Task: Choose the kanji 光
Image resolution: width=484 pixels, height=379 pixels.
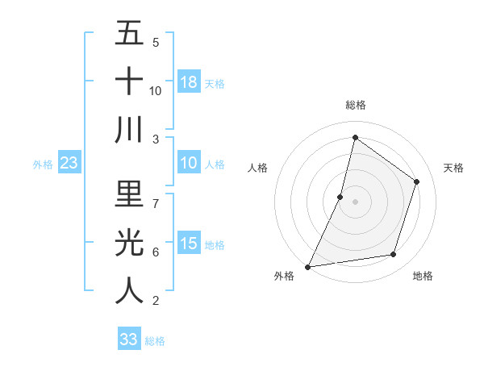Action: (129, 242)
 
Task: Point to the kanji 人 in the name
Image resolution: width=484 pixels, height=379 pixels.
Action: (129, 290)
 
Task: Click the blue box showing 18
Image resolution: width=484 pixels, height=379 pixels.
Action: (189, 81)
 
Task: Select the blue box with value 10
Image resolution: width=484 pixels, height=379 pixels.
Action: (189, 164)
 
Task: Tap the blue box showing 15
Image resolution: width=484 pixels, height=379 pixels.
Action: (189, 244)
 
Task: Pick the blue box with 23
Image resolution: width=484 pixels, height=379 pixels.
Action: (69, 164)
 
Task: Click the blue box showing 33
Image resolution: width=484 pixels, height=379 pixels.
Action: (129, 339)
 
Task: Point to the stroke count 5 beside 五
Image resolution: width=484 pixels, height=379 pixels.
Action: (155, 42)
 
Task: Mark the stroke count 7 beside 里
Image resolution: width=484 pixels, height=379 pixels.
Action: (155, 195)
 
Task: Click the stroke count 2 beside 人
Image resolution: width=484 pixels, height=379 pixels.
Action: (155, 301)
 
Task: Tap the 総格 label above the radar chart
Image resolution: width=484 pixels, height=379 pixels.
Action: (355, 105)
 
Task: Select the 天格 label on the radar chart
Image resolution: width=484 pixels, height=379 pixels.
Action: (454, 168)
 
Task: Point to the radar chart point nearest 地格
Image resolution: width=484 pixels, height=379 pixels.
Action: (394, 255)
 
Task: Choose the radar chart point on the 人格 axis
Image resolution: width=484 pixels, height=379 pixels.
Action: (340, 197)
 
